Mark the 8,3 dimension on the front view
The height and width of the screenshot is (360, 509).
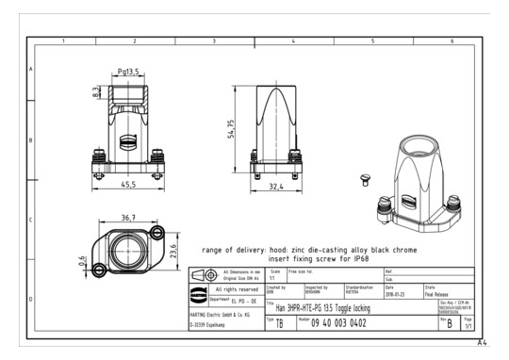95,93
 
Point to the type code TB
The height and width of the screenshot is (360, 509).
279,324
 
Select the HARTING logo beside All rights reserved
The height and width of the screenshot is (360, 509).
197,290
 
